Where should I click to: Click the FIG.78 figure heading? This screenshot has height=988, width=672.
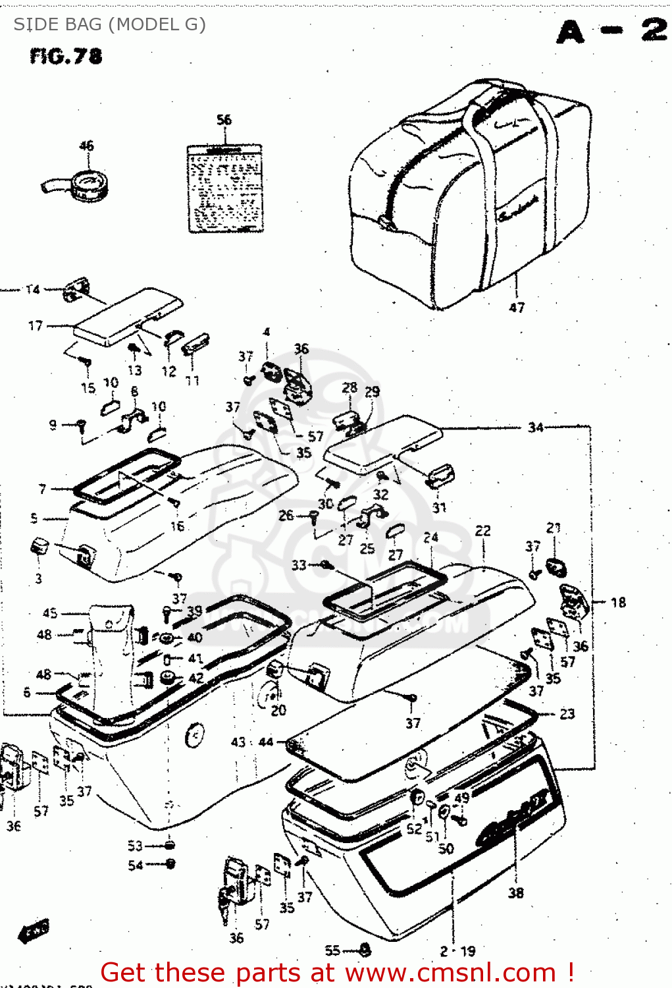click(x=66, y=57)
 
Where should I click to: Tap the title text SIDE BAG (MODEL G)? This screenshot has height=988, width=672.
click(x=109, y=24)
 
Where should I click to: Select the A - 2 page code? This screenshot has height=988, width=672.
click(x=612, y=31)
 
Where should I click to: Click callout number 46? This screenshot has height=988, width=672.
click(x=86, y=146)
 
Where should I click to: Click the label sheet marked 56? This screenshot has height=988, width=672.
click(x=225, y=189)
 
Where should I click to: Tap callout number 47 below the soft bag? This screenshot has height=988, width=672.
click(x=517, y=308)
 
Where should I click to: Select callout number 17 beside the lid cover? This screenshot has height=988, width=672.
click(x=36, y=326)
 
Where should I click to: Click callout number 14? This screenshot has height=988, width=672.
click(x=33, y=289)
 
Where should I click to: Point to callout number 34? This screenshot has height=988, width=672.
click(x=536, y=427)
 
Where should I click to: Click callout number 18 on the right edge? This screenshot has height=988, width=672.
click(x=618, y=602)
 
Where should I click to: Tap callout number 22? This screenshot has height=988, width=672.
click(x=482, y=531)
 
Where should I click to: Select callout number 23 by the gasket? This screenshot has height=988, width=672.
click(x=567, y=714)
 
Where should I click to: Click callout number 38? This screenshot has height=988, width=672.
click(x=516, y=892)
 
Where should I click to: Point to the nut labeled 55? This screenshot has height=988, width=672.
click(x=366, y=950)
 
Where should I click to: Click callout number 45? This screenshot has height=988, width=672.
click(x=50, y=613)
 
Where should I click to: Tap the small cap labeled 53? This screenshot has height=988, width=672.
click(x=170, y=845)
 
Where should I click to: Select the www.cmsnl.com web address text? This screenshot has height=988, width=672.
click(x=451, y=973)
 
